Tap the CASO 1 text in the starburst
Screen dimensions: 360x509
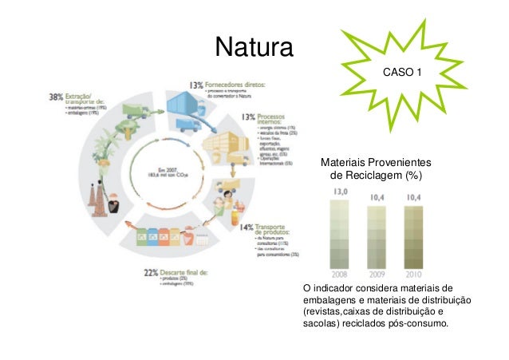pyautogui.click(x=403, y=73)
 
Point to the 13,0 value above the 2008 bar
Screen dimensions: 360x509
pyautogui.click(x=340, y=192)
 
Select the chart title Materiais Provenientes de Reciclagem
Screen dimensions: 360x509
pyautogui.click(x=368, y=168)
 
